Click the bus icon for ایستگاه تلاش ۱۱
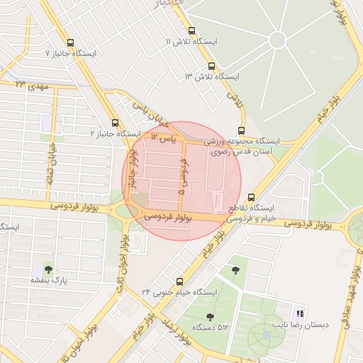point(192,30)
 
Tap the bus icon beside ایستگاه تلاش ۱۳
point(211,65)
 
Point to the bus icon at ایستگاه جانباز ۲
point(116,123)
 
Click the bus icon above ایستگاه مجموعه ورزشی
point(242,130)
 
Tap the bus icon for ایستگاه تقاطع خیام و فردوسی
point(251,198)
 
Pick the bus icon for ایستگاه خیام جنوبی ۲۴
point(179,281)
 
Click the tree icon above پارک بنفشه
point(48,269)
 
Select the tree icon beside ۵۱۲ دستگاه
point(209,317)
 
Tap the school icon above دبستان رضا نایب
point(301,313)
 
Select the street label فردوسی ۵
point(184,177)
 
